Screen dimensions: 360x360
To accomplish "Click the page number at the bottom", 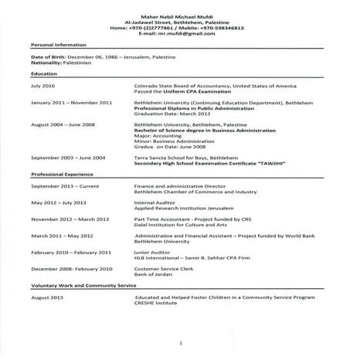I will click(179, 342).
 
